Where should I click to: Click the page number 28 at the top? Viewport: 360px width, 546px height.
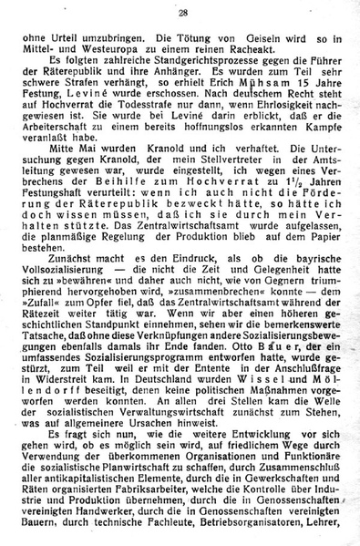point(183,12)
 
